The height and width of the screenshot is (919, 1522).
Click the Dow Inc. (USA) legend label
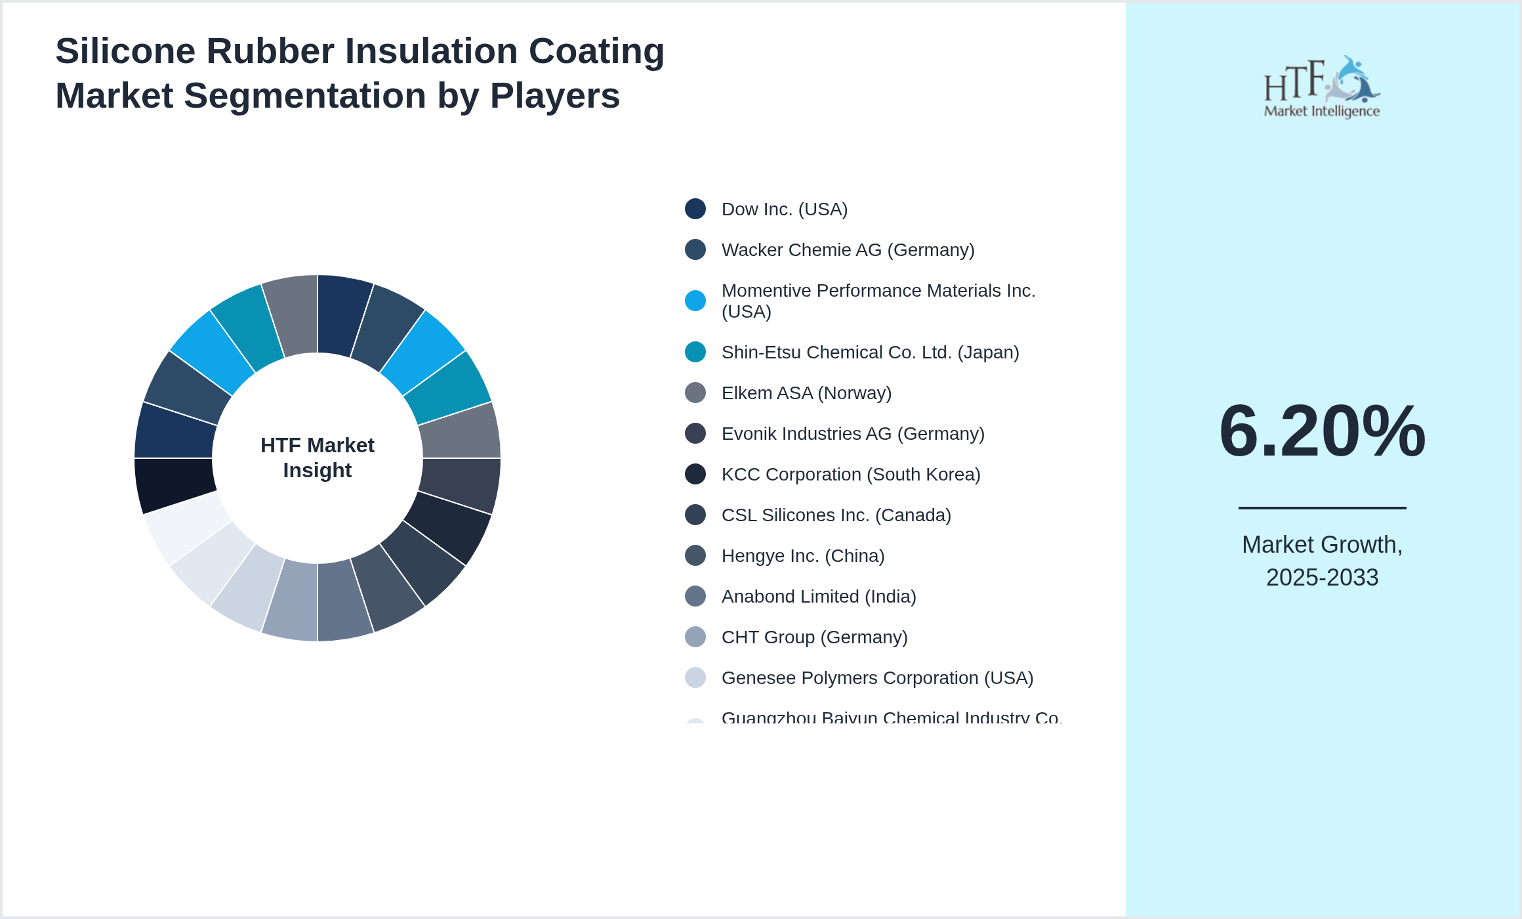coord(784,209)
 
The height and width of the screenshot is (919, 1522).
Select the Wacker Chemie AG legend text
coord(848,250)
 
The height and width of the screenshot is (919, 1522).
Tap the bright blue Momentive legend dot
coord(695,301)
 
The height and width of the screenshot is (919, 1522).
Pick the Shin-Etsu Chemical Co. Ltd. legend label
coord(870,353)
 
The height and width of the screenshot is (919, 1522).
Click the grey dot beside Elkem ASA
coord(695,393)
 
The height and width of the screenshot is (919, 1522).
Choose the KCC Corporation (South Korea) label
coord(850,475)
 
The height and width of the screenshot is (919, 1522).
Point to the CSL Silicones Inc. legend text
coord(836,515)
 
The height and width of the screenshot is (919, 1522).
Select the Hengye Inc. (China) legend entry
coord(802,556)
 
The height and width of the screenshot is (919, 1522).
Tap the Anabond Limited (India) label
coord(818,597)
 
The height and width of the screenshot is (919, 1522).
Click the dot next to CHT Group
coord(695,637)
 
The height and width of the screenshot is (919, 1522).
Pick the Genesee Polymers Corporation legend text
coord(877,678)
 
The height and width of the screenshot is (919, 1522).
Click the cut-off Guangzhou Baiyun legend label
coord(891,717)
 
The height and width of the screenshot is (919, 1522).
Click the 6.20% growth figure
coord(1322,431)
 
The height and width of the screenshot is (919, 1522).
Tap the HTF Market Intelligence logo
coord(1322,87)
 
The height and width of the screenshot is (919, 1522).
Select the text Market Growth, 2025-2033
coord(1322,561)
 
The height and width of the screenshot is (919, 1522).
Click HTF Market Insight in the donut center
coord(318,458)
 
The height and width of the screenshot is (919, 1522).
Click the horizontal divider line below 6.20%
coord(1322,507)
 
